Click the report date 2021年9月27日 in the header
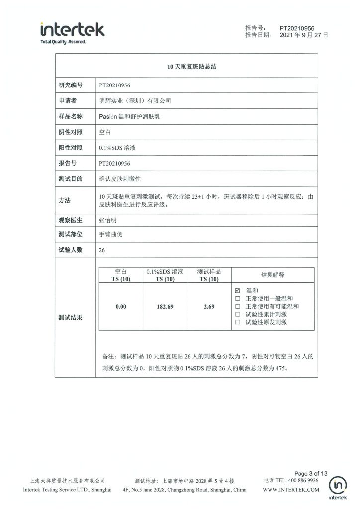pos(304,35)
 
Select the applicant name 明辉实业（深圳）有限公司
pos(135,101)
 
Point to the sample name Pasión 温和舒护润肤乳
pos(135,116)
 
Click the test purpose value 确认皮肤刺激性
pos(120,178)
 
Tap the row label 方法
pos(65,201)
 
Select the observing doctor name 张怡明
pos(110,219)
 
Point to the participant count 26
pos(102,250)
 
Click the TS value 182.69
pos(165,307)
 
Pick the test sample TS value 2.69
pos(209,307)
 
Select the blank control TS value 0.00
pos(121,307)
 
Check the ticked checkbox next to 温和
pos(237,291)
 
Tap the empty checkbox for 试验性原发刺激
pos(237,323)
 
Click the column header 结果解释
pos(272,275)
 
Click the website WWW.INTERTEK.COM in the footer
pos(290,490)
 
